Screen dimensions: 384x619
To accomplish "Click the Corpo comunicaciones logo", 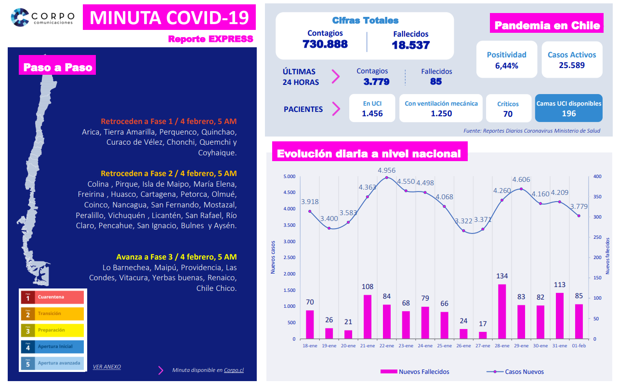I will [x=42, y=18].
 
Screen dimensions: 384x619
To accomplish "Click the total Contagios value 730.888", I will [x=325, y=44].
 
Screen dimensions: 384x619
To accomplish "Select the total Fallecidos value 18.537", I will [x=410, y=45].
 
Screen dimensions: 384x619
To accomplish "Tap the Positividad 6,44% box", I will [x=506, y=60].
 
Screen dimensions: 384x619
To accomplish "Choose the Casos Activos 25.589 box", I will [x=572, y=60].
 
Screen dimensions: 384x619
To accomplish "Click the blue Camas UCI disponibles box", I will [x=568, y=108].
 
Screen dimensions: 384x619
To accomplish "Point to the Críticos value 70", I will [x=508, y=114].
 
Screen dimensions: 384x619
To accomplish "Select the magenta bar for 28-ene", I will [x=502, y=312].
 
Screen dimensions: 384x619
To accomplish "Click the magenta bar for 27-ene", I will [x=483, y=335].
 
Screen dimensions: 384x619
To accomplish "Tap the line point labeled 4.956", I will [x=387, y=178].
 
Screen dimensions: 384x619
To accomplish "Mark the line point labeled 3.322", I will [x=463, y=231].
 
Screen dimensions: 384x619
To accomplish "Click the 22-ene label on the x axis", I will [x=387, y=346].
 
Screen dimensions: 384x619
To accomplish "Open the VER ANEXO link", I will [x=106, y=367].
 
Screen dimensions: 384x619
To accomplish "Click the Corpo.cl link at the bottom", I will [x=234, y=370].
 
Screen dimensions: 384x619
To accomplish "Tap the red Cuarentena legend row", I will [x=52, y=297].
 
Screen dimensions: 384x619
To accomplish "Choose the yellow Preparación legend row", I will [x=52, y=330].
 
